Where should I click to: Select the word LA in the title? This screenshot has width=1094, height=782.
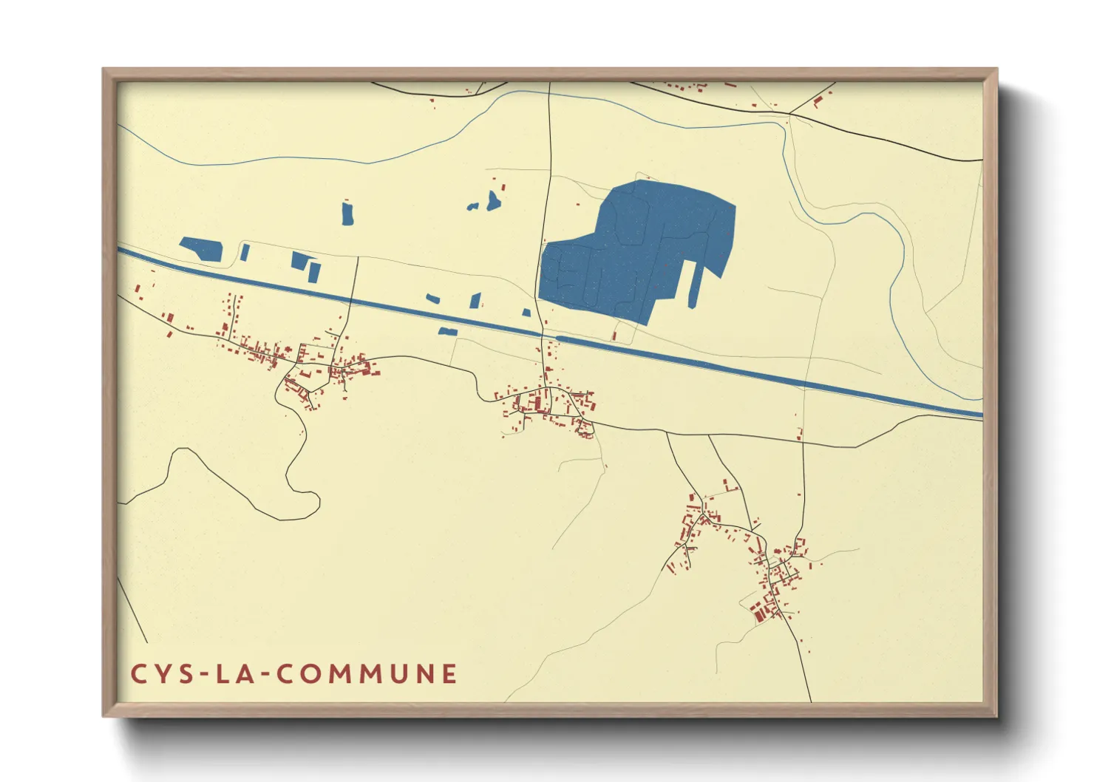232,674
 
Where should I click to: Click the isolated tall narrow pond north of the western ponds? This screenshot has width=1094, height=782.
347,213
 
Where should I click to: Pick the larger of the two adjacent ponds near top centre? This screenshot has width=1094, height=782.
493,200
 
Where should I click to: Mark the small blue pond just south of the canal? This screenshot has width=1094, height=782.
447,331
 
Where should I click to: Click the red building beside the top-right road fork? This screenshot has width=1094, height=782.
818,101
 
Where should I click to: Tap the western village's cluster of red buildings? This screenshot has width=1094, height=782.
325,366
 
